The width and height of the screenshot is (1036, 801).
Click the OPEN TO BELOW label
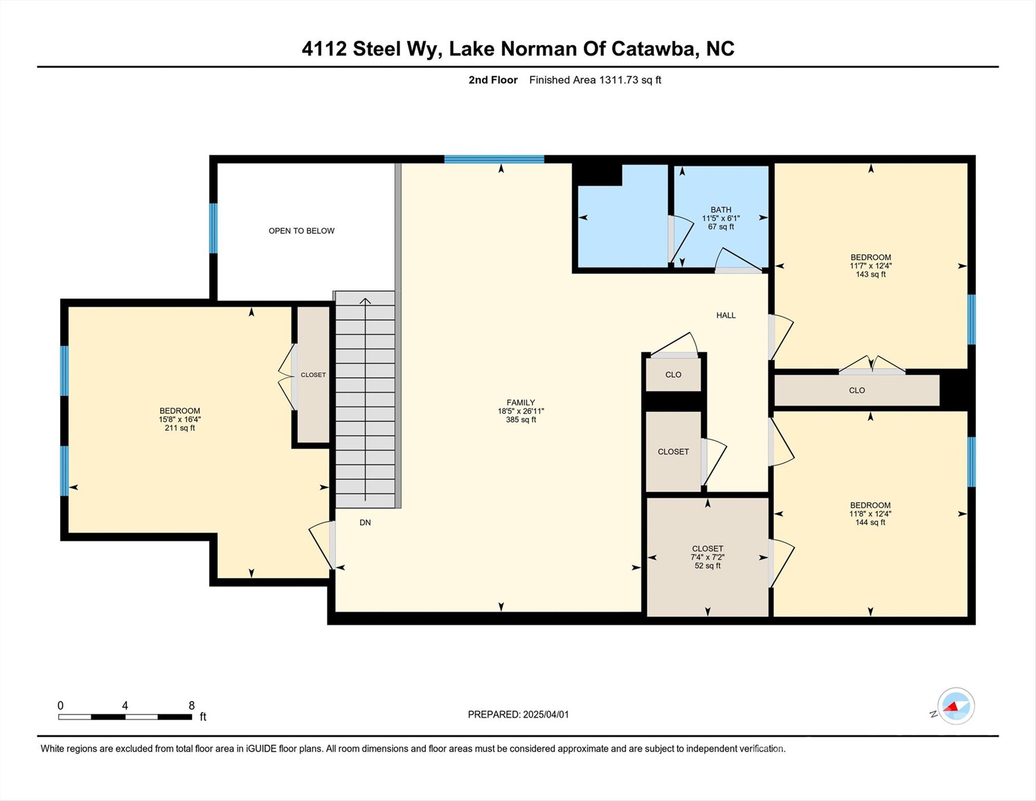(x=301, y=230)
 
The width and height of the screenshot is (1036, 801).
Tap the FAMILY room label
(x=521, y=403)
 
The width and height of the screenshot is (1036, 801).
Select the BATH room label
(x=721, y=210)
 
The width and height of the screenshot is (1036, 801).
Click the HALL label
(x=725, y=315)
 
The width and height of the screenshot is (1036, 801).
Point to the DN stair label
(x=365, y=522)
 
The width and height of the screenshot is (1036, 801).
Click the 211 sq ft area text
(x=180, y=428)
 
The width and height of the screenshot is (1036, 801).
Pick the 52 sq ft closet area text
(x=707, y=566)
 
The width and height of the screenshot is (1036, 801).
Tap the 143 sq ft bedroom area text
(x=870, y=274)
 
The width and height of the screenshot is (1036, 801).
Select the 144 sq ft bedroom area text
(x=870, y=522)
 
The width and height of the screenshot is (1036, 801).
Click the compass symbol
(x=956, y=706)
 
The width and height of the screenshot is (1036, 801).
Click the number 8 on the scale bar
(x=191, y=706)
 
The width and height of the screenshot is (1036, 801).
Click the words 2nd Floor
(x=492, y=80)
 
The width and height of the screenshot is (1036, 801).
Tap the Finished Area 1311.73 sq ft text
(x=595, y=80)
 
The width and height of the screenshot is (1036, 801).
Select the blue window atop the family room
(x=494, y=159)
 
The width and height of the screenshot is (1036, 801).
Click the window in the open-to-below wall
(x=213, y=228)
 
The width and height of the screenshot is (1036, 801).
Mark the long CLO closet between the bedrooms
(x=856, y=390)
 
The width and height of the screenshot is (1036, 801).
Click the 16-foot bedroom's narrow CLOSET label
(x=313, y=375)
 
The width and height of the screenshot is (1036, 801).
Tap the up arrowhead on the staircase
(x=365, y=301)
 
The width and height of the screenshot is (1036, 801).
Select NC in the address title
(x=720, y=48)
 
